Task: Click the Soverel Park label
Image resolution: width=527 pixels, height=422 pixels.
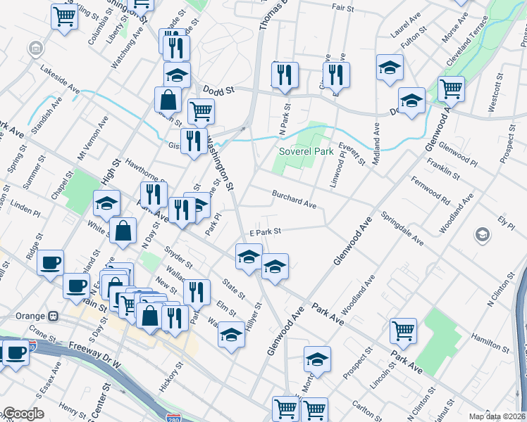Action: pyautogui.click(x=305, y=151)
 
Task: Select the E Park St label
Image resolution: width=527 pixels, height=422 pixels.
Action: pyautogui.click(x=265, y=231)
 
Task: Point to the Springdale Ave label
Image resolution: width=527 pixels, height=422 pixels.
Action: pyautogui.click(x=402, y=229)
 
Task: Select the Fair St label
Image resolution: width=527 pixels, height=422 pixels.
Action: pyautogui.click(x=342, y=6)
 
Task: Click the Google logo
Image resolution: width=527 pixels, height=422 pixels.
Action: pyautogui.click(x=23, y=414)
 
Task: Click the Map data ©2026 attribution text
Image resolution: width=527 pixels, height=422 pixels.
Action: pyautogui.click(x=497, y=416)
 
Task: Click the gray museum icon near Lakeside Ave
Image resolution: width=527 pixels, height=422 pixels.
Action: pyautogui.click(x=35, y=49)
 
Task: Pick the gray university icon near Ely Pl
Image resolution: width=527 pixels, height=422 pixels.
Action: pyautogui.click(x=483, y=234)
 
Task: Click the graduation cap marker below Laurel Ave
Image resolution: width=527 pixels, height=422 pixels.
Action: pyautogui.click(x=388, y=68)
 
